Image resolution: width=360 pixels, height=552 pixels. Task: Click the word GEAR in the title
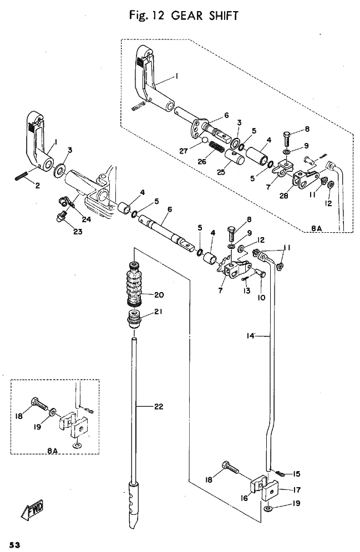(x=187, y=16)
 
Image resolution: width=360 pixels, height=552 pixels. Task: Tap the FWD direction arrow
(x=32, y=509)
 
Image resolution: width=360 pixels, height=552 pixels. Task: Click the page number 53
(x=15, y=545)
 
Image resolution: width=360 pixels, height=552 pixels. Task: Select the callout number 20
(x=159, y=295)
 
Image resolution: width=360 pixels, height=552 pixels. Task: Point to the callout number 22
(x=159, y=407)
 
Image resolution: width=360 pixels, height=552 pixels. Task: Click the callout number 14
(x=250, y=336)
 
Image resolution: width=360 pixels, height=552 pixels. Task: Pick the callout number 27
(x=184, y=151)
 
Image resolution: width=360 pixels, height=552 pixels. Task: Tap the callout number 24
(x=87, y=219)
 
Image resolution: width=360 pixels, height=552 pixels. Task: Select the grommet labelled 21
(x=135, y=319)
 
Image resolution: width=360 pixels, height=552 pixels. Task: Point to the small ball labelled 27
(x=204, y=140)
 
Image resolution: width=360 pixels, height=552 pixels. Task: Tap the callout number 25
(x=221, y=172)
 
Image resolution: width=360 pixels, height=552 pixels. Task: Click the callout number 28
(x=283, y=196)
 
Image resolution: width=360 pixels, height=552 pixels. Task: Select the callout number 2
(x=37, y=186)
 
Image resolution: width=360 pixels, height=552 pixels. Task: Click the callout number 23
(x=78, y=232)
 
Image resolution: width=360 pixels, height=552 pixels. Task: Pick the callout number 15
(x=297, y=474)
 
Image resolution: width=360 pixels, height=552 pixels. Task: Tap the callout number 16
(x=244, y=498)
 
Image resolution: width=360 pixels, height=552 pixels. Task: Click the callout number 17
(x=297, y=490)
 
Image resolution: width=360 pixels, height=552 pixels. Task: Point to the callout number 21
(x=158, y=311)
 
